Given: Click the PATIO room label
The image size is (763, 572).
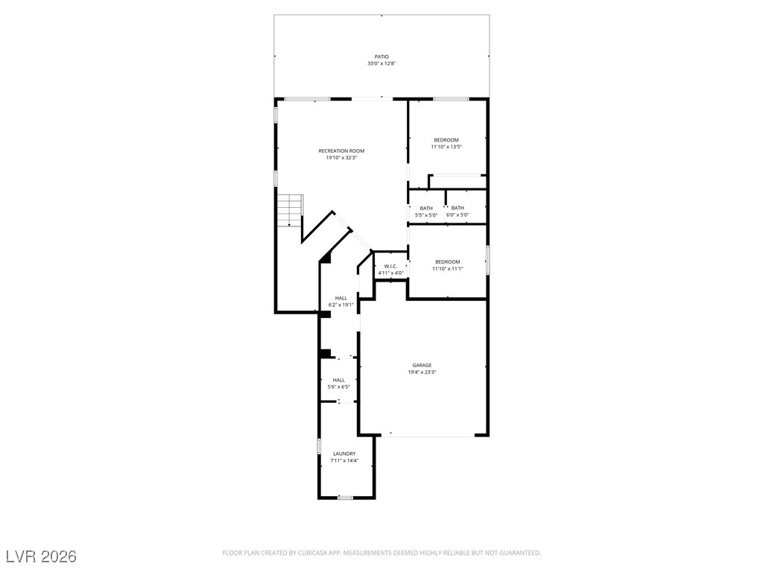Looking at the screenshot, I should pos(381,57).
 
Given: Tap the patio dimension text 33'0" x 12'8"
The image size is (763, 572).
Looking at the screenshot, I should pos(381,64).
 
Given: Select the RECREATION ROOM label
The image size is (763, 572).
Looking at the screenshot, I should pos(341,150).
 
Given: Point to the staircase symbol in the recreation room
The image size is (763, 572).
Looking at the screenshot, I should pos(290,211).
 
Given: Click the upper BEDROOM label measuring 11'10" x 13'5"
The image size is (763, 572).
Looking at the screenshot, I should pos(446,139).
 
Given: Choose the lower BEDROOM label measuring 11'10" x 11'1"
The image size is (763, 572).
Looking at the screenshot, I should pos(447,261).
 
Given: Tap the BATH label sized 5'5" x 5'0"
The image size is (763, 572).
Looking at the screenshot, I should pos(426,208).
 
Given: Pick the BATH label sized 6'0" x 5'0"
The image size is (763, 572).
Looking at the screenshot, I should pos(458,208).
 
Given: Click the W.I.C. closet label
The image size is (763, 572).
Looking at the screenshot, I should pos(390,266).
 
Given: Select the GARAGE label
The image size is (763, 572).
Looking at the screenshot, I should pos(422,365).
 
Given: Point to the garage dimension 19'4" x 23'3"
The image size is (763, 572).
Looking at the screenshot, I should pos(422,372).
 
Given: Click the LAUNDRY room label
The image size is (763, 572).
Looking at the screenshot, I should pos(344,454).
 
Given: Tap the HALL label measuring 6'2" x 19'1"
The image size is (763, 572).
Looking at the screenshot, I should pos(341,298).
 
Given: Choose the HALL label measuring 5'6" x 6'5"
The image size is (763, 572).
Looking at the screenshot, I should pos(338,380).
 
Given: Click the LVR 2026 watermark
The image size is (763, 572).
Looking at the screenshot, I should pos(41,556).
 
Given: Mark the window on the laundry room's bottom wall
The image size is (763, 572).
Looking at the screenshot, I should pos(345,498).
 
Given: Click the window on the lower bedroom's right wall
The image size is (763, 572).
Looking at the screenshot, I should pos(487,256).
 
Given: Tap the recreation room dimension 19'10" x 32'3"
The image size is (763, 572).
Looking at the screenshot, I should pos(341,158).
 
